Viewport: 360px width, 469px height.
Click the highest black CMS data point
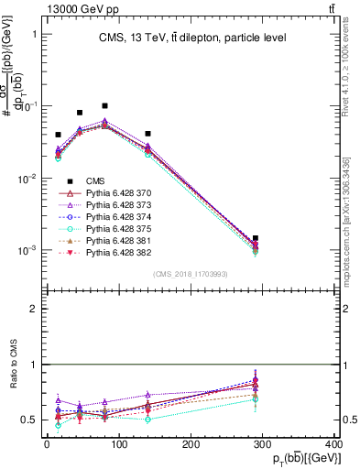[104, 106]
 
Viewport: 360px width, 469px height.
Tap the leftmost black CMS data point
[58, 135]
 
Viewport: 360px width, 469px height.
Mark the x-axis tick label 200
[191, 443]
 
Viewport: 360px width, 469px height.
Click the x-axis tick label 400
[333, 443]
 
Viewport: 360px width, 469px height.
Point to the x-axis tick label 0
[47, 443]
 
